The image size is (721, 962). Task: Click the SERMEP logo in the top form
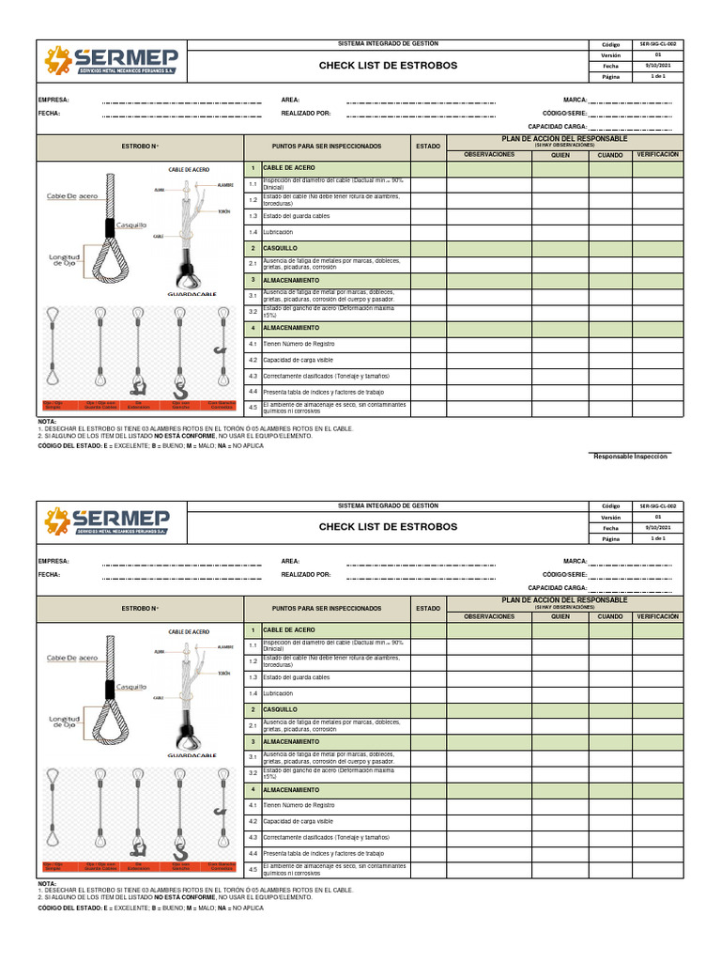click(111, 64)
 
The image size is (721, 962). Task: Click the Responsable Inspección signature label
click(630, 456)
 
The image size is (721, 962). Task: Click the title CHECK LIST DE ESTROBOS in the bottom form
click(388, 527)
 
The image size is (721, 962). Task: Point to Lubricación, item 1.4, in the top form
click(279, 231)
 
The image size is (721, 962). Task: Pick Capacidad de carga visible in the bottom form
click(299, 820)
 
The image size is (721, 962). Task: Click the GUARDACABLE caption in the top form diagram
click(192, 294)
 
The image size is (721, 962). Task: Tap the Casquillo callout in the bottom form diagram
click(131, 687)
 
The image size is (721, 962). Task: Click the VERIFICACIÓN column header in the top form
click(657, 154)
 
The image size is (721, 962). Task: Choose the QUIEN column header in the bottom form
click(560, 616)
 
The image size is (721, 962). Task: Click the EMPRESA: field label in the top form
click(54, 100)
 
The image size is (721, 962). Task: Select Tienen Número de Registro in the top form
click(299, 344)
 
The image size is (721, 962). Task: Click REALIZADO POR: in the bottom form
click(306, 574)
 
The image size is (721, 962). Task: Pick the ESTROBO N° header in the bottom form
click(140, 609)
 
